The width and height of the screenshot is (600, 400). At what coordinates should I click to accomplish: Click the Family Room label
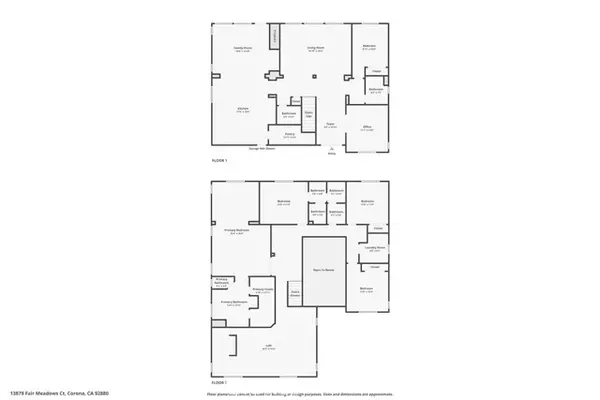pyautogui.click(x=241, y=48)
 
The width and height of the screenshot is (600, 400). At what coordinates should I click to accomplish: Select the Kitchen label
pyautogui.click(x=242, y=110)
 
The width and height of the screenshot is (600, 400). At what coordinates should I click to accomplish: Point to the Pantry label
pyautogui.click(x=290, y=135)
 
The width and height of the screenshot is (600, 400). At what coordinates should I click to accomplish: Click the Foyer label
pyautogui.click(x=329, y=125)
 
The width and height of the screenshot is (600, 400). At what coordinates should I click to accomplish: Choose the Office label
pyautogui.click(x=366, y=129)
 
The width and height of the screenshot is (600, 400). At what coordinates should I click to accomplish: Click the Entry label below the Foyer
pyautogui.click(x=332, y=152)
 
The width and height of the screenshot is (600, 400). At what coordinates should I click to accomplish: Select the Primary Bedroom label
pyautogui.click(x=237, y=232)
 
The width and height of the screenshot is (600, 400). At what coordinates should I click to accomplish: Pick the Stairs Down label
pyautogui.click(x=296, y=294)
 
